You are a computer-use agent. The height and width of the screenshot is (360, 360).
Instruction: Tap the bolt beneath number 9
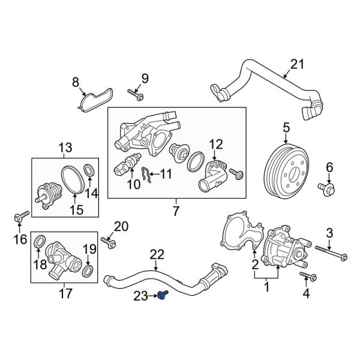coord(134,93)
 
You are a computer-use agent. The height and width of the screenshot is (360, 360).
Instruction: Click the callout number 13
coord(64,148)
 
